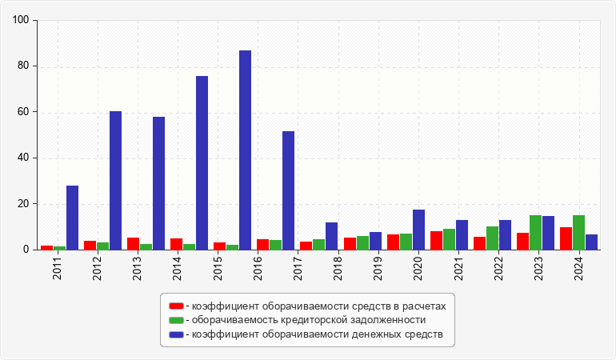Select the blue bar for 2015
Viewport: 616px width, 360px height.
(x=202, y=163)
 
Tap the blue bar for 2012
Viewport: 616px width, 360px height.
(x=115, y=181)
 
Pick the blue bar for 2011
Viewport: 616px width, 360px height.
(x=72, y=218)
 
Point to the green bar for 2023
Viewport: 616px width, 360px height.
(x=535, y=233)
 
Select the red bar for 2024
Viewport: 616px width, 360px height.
(x=566, y=238)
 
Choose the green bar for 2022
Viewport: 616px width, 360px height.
(x=492, y=238)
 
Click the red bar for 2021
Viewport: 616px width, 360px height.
(x=436, y=241)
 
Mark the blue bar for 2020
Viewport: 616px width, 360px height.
(x=418, y=230)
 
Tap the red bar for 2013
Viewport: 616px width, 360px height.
(x=133, y=244)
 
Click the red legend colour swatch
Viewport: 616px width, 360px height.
(x=176, y=306)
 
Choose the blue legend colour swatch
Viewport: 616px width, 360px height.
(x=176, y=334)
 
